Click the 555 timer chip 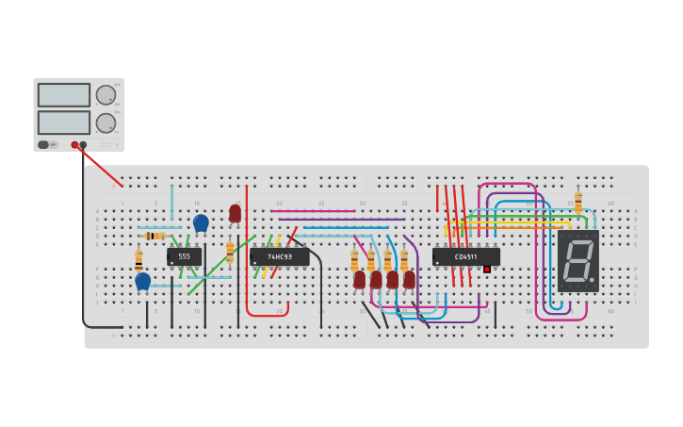coord(184,256)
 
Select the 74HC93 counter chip coord(279,256)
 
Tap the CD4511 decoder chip coord(465,256)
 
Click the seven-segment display coord(577,260)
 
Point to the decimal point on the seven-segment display coord(592,280)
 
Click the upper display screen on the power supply coord(64,95)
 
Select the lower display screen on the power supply coord(64,123)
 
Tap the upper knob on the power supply coord(106,95)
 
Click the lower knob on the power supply coord(106,123)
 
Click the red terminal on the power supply coord(74,145)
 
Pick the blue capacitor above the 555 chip coord(201,222)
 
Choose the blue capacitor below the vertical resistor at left coord(142,281)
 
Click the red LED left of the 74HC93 coord(235,213)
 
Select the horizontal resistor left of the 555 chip coord(154,236)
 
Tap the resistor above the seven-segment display coord(578,202)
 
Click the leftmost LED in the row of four coord(359,279)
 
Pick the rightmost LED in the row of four coord(409,279)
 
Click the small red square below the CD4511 coord(487,270)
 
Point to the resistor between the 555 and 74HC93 coord(230,252)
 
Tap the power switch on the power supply coord(43,145)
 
